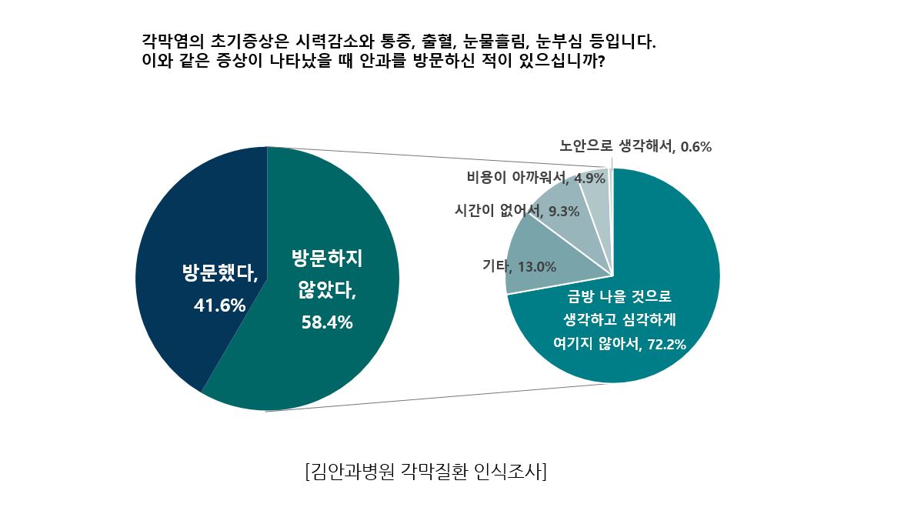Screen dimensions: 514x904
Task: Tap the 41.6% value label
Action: pyautogui.click(x=219, y=306)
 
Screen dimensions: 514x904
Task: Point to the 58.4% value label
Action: pyautogui.click(x=326, y=323)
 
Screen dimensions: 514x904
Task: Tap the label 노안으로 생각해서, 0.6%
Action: pyautogui.click(x=635, y=146)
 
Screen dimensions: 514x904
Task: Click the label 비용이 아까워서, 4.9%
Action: pyautogui.click(x=536, y=179)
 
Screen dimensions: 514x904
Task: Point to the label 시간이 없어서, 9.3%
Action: pyautogui.click(x=516, y=211)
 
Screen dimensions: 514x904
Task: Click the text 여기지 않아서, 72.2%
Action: pyautogui.click(x=619, y=344)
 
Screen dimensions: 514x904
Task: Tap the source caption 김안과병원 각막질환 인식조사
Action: pyautogui.click(x=425, y=471)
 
